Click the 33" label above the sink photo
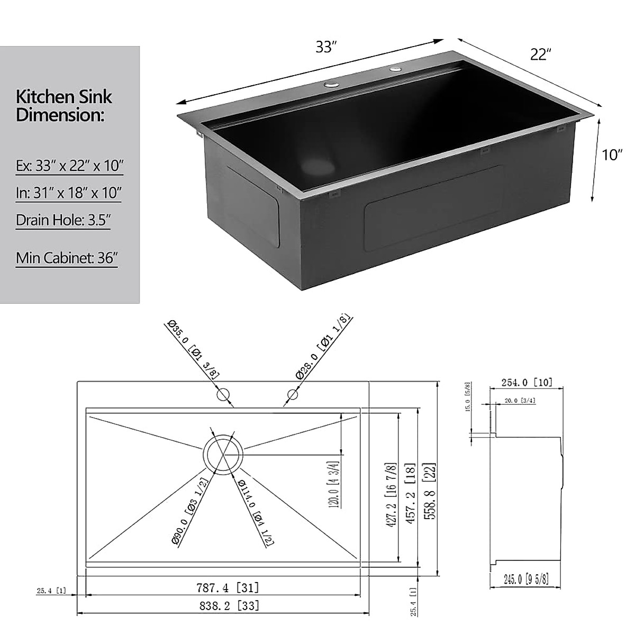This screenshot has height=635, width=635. [326, 47]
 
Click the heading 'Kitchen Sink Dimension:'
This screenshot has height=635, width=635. [64, 105]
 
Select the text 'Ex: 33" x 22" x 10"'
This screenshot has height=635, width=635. [69, 166]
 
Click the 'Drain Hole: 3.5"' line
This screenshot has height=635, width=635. [63, 220]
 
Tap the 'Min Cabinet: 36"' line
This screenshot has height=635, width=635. [67, 258]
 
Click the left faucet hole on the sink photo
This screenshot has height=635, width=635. [331, 84]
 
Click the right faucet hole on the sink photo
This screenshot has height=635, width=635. [395, 69]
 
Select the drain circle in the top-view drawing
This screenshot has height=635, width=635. [223, 455]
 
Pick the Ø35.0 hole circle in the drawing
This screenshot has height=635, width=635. [223, 394]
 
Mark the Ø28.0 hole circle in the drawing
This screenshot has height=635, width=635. [293, 394]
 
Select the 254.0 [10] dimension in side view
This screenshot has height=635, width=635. [525, 383]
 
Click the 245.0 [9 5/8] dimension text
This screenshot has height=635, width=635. [519, 579]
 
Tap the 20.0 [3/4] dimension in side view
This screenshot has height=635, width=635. [520, 401]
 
